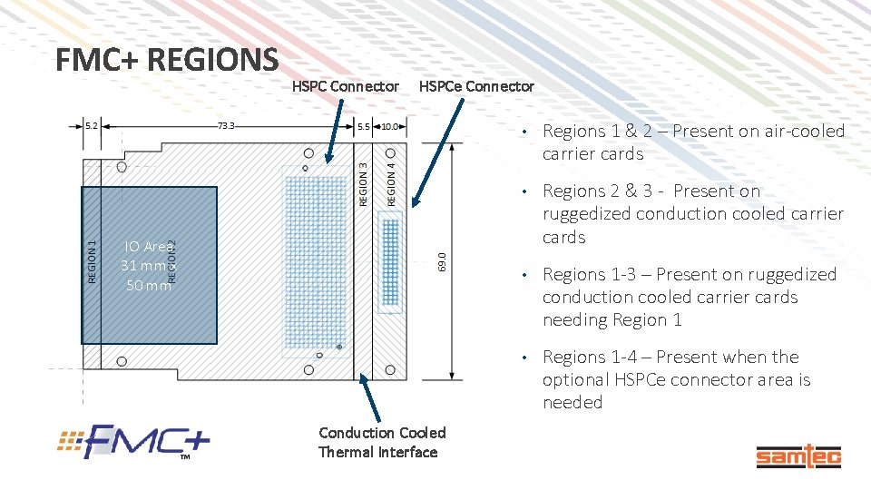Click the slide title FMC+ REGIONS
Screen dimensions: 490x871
click(x=166, y=60)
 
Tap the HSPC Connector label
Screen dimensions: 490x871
click(x=345, y=86)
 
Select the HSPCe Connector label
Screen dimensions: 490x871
click(x=476, y=86)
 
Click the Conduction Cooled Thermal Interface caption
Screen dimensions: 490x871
click(x=382, y=443)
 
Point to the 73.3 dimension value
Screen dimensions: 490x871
click(x=226, y=125)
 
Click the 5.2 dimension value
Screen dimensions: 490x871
click(x=93, y=125)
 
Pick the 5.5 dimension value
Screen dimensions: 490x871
click(x=363, y=126)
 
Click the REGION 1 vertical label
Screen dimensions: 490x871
click(x=92, y=260)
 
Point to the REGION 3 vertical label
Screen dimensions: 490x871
click(x=363, y=182)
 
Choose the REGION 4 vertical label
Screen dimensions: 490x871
click(x=391, y=182)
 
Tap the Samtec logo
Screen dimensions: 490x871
click(x=798, y=457)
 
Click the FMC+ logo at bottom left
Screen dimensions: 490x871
click(x=135, y=442)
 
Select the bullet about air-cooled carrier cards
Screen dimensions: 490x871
click(x=693, y=142)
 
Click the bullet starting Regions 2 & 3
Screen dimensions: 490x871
click(x=693, y=214)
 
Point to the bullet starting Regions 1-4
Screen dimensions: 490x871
click(x=676, y=379)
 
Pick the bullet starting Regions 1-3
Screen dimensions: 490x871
click(x=690, y=297)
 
